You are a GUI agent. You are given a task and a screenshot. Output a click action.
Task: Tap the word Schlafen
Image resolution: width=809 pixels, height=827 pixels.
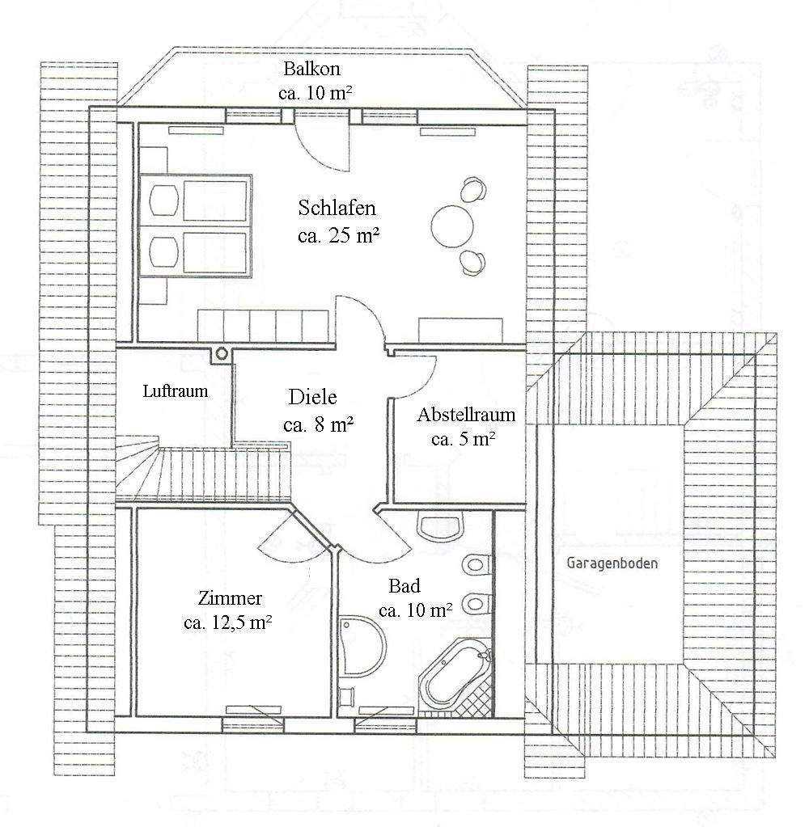(337, 208)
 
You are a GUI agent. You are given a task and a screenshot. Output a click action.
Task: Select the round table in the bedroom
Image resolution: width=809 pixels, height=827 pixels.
(452, 226)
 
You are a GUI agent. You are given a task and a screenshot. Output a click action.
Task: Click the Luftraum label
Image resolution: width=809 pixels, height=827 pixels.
(176, 391)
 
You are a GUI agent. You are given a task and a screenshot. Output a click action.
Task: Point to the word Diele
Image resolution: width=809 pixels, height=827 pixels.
(312, 397)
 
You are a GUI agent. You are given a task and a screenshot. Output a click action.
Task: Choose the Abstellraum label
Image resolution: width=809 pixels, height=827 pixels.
(466, 416)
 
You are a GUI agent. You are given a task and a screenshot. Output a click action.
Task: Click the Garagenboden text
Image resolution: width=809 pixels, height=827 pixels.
(612, 563)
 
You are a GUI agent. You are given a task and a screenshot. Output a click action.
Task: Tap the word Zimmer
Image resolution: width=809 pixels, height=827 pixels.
(230, 599)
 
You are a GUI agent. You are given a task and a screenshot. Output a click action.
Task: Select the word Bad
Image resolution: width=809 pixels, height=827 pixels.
(404, 586)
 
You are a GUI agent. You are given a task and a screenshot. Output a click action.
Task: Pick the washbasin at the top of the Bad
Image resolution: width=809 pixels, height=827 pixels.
(439, 526)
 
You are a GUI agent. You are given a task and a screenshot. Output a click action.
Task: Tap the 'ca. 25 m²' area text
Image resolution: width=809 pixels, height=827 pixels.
(338, 235)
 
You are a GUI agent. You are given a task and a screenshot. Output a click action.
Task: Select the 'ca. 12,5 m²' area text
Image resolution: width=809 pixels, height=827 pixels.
(227, 623)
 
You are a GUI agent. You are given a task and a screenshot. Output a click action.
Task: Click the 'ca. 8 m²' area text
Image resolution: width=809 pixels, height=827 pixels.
(319, 424)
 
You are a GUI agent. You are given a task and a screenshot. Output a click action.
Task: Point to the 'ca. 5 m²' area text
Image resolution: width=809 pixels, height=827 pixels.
(464, 440)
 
